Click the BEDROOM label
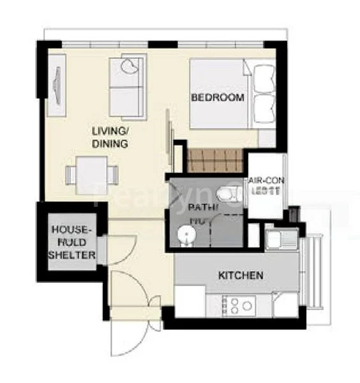click(x=218, y=98)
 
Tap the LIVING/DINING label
click(x=110, y=137)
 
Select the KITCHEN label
click(x=241, y=276)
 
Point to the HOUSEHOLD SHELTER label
click(x=73, y=242)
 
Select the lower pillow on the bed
click(x=264, y=105)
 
